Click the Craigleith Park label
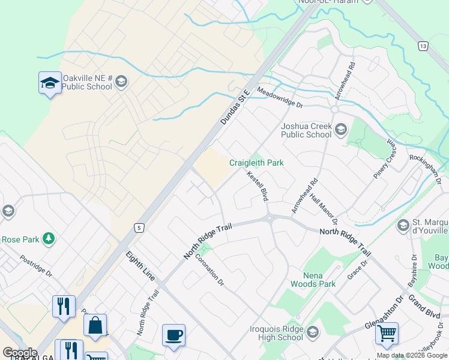(256, 163)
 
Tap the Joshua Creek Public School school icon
(341, 130)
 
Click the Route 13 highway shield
(424, 46)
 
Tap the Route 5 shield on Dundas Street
(139, 227)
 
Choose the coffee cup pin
(173, 335)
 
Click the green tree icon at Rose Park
(48, 239)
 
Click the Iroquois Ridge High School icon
(312, 332)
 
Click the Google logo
(20, 353)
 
